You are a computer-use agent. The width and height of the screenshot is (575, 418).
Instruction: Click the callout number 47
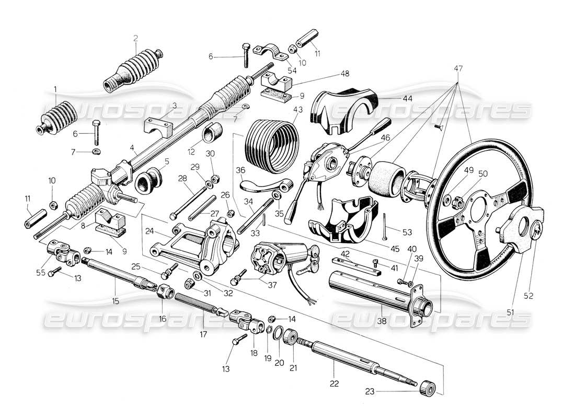click(x=458, y=68)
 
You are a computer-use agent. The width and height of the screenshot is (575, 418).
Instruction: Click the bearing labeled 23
click(x=428, y=388)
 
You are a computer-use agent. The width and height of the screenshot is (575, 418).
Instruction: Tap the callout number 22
click(x=335, y=384)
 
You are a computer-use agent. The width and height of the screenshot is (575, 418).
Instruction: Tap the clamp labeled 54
click(x=271, y=54)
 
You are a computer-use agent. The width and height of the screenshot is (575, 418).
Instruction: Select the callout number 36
click(x=240, y=170)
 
